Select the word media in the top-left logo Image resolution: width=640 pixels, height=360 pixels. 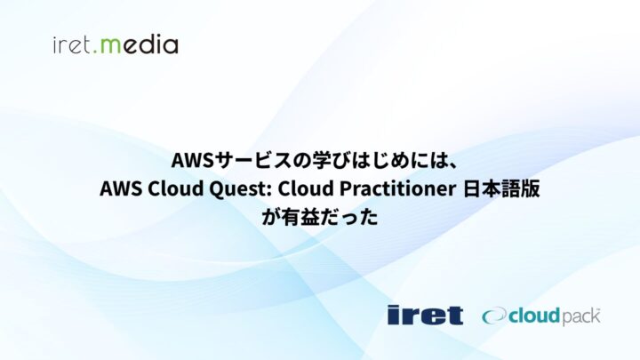(141, 44)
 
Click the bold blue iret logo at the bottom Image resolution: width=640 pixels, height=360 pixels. (425, 315)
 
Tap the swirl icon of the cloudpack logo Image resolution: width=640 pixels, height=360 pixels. (492, 316)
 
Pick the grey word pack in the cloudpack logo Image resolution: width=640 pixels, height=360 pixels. (582, 316)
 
